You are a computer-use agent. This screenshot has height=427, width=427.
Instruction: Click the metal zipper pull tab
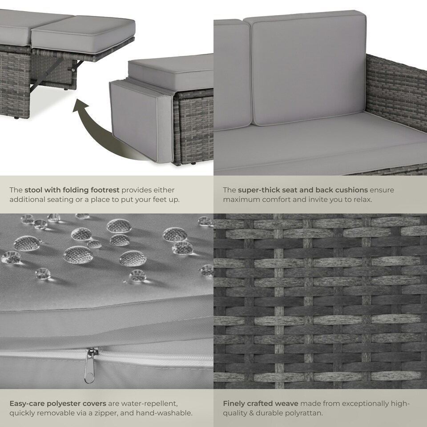click(89, 366)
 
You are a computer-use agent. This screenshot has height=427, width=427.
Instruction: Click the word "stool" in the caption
click(33, 190)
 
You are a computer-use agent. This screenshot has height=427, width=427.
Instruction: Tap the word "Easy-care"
click(27, 403)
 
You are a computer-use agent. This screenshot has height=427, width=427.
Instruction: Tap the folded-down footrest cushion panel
click(141, 121)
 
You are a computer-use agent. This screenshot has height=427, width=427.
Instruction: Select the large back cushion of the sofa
click(308, 68)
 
